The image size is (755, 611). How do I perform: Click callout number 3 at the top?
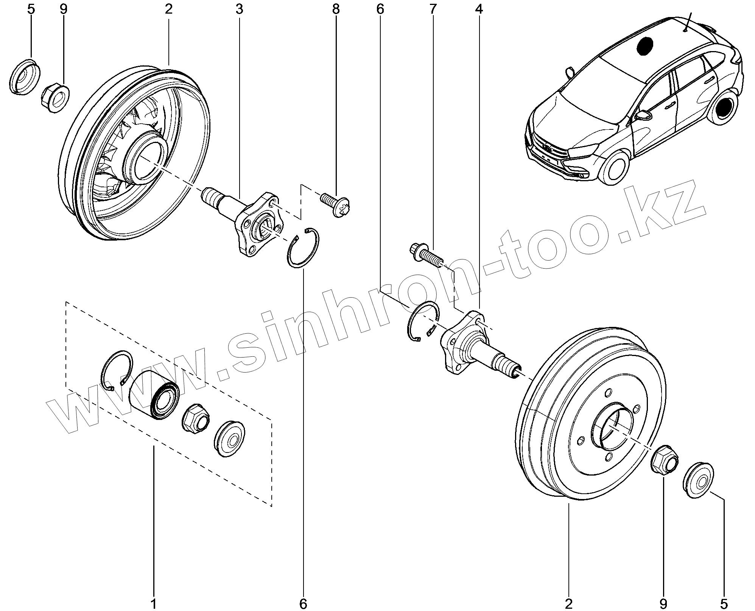pyautogui.click(x=239, y=9)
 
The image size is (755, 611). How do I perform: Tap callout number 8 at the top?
pyautogui.click(x=336, y=9)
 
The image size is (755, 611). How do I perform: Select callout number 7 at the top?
pyautogui.click(x=433, y=9)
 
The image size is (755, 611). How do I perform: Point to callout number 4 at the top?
pyautogui.click(x=479, y=9)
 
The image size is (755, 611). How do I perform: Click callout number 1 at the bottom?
pyautogui.click(x=154, y=603)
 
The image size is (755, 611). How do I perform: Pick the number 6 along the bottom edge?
pyautogui.click(x=303, y=603)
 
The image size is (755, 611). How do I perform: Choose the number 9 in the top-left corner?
pyautogui.click(x=63, y=9)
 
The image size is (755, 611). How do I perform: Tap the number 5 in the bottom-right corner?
pyautogui.click(x=724, y=603)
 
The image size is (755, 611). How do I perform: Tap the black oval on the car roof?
pyautogui.click(x=645, y=47)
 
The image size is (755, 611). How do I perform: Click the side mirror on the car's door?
pyautogui.click(x=643, y=115)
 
